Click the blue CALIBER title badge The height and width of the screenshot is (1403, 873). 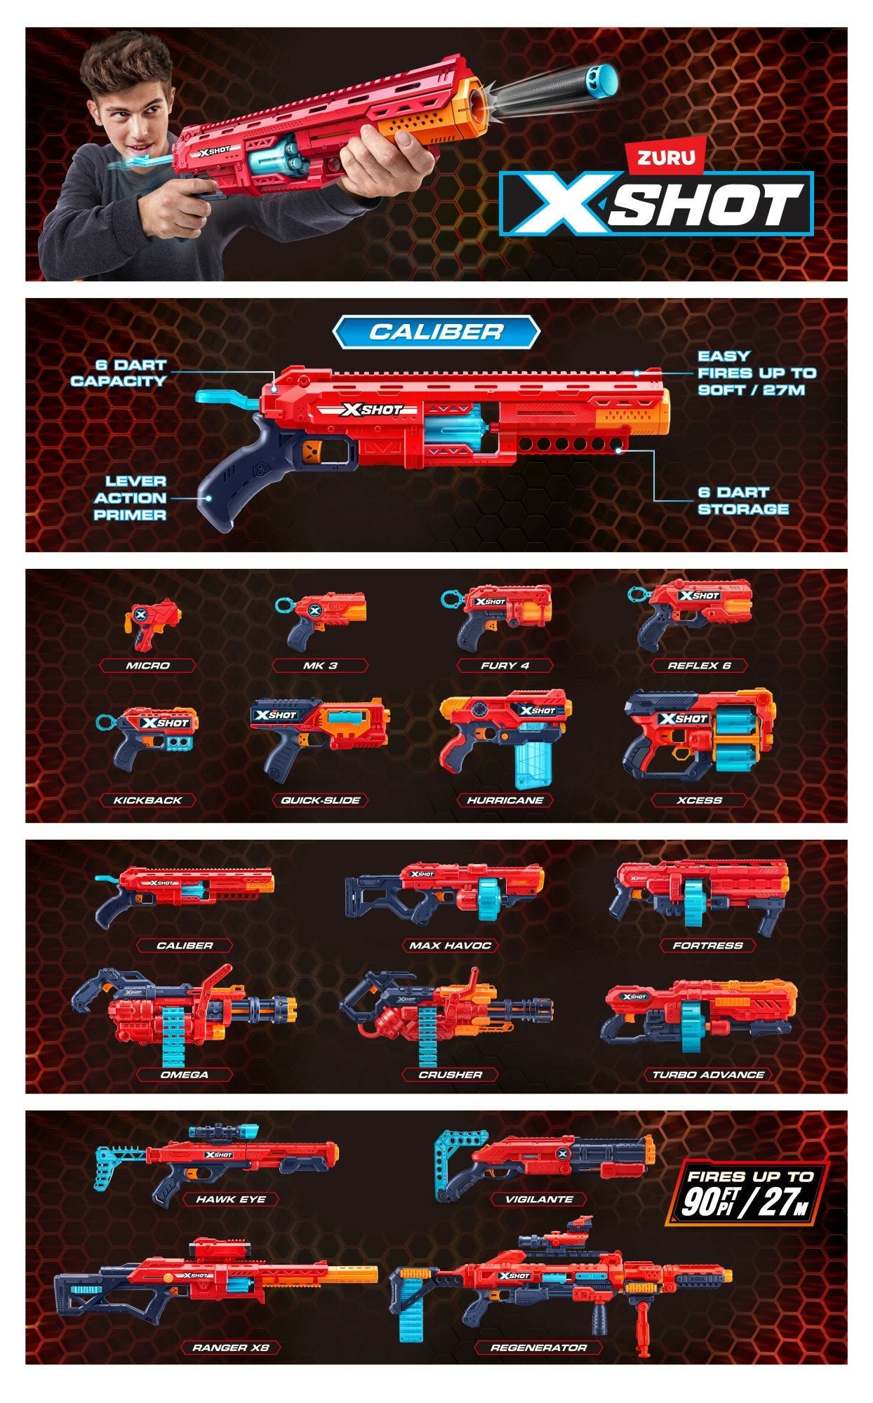pyautogui.click(x=436, y=331)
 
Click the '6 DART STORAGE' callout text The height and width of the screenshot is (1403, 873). pyautogui.click(x=743, y=500)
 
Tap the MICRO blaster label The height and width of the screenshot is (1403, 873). pyautogui.click(x=148, y=665)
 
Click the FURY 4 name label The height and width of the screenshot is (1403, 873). pyautogui.click(x=505, y=665)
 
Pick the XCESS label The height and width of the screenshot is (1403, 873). pyautogui.click(x=700, y=800)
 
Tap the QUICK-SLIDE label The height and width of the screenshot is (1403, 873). pyautogui.click(x=321, y=800)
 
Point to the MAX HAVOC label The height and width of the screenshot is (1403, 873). pyautogui.click(x=450, y=946)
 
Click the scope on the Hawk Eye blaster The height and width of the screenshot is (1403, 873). pyautogui.click(x=223, y=1132)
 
